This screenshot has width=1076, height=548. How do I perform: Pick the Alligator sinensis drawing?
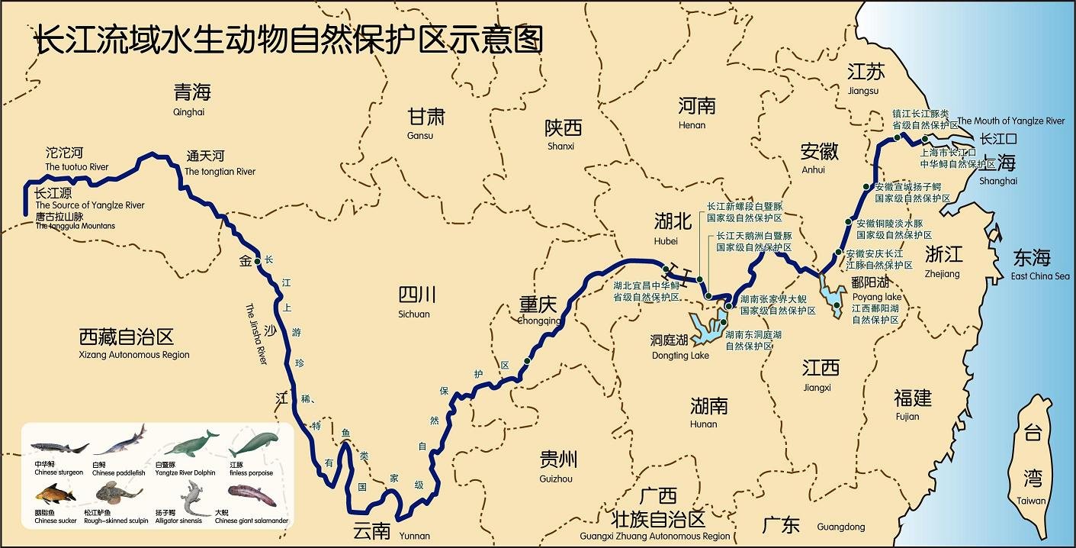pos(191,498)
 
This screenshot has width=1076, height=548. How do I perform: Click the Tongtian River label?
pos(220,163)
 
